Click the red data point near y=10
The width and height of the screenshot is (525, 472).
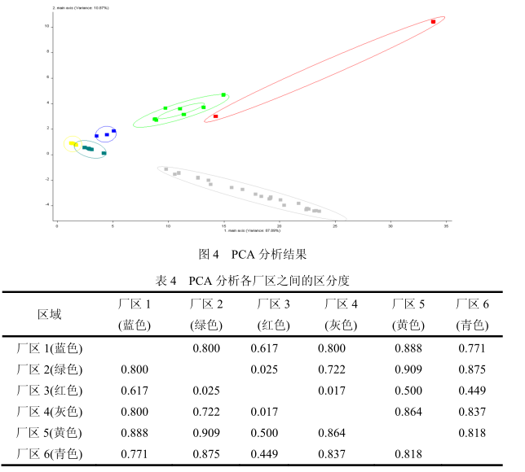click(x=434, y=22)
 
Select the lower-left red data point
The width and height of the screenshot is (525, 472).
click(x=216, y=116)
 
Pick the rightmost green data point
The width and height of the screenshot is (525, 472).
click(x=223, y=94)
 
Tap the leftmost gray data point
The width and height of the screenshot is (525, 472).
click(x=165, y=169)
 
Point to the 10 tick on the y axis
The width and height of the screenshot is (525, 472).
click(x=48, y=27)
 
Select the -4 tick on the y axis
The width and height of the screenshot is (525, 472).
click(x=48, y=204)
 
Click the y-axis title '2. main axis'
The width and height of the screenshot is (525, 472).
click(x=81, y=7)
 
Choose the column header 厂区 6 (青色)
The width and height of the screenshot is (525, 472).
click(x=473, y=314)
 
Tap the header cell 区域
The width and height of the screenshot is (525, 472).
click(x=50, y=314)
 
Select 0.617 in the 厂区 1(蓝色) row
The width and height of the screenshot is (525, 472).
click(x=273, y=348)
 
